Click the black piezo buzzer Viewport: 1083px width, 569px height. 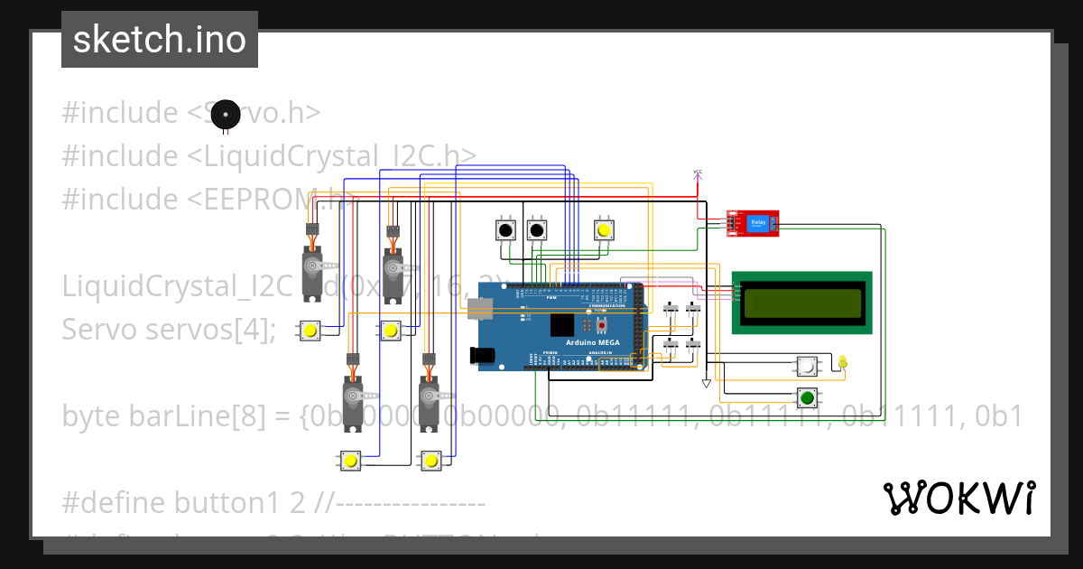pyautogui.click(x=227, y=114)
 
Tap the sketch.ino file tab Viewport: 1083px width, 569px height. pyautogui.click(x=160, y=40)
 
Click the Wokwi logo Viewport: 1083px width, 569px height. pyautogui.click(x=958, y=498)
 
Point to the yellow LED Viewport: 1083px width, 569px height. pyautogui.click(x=843, y=362)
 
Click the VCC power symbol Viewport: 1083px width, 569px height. pyautogui.click(x=698, y=173)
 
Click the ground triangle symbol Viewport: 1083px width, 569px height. pyautogui.click(x=706, y=384)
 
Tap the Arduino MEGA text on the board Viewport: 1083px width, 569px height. pyautogui.click(x=592, y=343)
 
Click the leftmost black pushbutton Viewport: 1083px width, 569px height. pyautogui.click(x=505, y=230)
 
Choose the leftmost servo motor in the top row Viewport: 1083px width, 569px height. pyautogui.click(x=313, y=266)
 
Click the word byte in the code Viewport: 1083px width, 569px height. pyautogui.click(x=93, y=416)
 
